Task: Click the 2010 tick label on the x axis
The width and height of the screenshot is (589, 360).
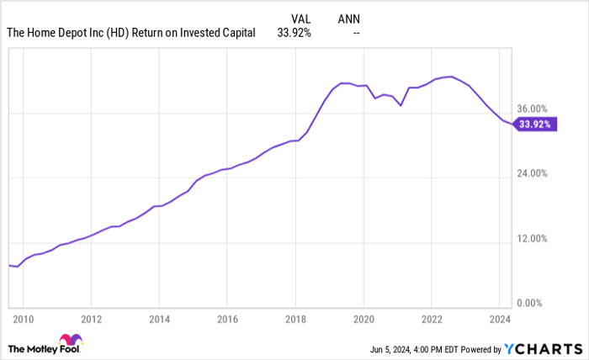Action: pyautogui.click(x=23, y=320)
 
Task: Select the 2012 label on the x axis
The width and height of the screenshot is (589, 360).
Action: pyautogui.click(x=91, y=320)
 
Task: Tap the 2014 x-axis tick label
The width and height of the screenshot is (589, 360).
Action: pyautogui.click(x=159, y=320)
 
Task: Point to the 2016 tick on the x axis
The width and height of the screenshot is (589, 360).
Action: pyautogui.click(x=227, y=320)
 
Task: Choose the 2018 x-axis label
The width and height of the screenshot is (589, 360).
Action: pyautogui.click(x=294, y=320)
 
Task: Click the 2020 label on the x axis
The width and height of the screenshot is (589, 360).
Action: pyautogui.click(x=363, y=320)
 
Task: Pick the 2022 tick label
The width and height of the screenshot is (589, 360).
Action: pyautogui.click(x=431, y=320)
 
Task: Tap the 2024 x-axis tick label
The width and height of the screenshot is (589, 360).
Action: pyautogui.click(x=499, y=320)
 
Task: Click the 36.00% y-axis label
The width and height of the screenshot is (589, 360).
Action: pyautogui.click(x=532, y=109)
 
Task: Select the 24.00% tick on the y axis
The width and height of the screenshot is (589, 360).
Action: pyautogui.click(x=532, y=174)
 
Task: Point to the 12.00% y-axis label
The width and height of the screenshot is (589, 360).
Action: pyautogui.click(x=532, y=239)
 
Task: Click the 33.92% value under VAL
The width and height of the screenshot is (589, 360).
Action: pyautogui.click(x=295, y=34)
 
